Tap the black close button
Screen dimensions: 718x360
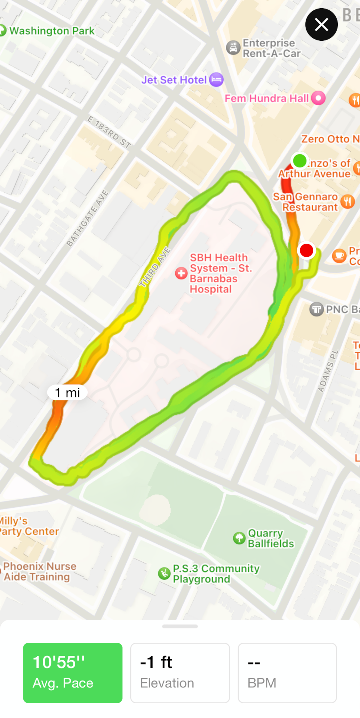point(321,24)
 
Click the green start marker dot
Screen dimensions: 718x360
point(300,161)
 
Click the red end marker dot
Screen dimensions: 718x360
point(306,250)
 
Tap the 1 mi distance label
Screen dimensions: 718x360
point(67,392)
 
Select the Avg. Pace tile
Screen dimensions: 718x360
point(73,672)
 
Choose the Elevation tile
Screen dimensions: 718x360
point(180,672)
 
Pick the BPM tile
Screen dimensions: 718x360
point(287,672)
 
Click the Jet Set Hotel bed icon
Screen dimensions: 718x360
point(216,80)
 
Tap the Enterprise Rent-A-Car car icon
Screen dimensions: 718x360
point(233,48)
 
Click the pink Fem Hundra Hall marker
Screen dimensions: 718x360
point(318,98)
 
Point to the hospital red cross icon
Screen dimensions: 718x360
point(181,273)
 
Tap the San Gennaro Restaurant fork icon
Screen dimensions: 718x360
point(347,202)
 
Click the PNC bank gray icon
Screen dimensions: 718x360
point(316,309)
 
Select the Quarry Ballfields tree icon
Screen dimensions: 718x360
point(239,538)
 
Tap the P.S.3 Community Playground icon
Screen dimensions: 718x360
point(164,573)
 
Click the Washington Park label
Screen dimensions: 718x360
point(51,31)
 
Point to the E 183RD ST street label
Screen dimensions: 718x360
point(109,132)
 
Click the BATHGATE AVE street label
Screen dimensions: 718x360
point(87,218)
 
